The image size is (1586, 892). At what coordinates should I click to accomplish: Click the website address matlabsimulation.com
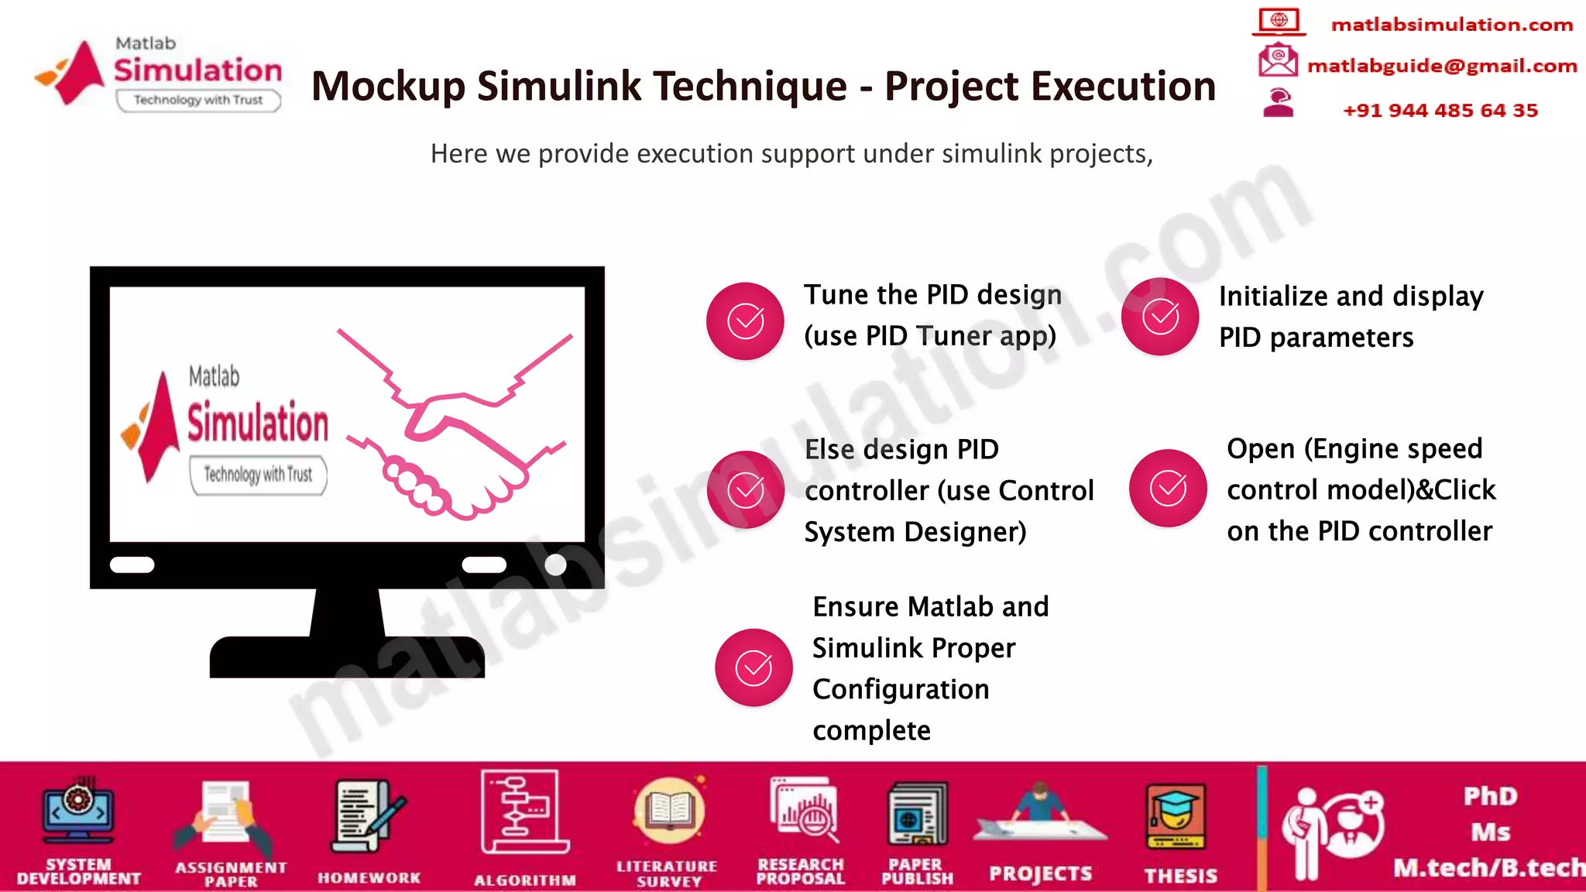[1451, 25]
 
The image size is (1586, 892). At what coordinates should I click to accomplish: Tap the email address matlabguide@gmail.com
[1441, 66]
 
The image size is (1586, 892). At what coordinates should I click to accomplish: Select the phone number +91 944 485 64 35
[1440, 110]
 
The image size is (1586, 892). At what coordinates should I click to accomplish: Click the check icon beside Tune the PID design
[745, 321]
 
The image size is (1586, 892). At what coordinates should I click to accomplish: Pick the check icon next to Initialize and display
[1160, 317]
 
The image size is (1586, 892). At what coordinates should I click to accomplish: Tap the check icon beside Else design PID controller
[746, 489]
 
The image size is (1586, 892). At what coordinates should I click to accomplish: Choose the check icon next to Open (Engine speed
[1168, 488]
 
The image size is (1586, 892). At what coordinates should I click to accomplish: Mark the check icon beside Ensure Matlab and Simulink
[754, 667]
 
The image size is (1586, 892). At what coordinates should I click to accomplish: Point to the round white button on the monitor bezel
[555, 564]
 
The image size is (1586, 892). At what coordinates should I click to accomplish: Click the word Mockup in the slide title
[388, 86]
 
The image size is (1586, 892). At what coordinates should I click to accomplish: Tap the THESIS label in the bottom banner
[1180, 876]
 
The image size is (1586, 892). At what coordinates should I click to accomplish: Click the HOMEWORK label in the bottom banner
[369, 877]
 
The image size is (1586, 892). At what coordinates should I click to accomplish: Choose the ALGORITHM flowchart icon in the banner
[524, 812]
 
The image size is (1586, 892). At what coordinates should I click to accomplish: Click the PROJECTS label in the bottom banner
[1040, 874]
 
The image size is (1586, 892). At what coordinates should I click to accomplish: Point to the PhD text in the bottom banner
[1490, 796]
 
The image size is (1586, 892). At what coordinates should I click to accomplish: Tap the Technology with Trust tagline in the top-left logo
[198, 100]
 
